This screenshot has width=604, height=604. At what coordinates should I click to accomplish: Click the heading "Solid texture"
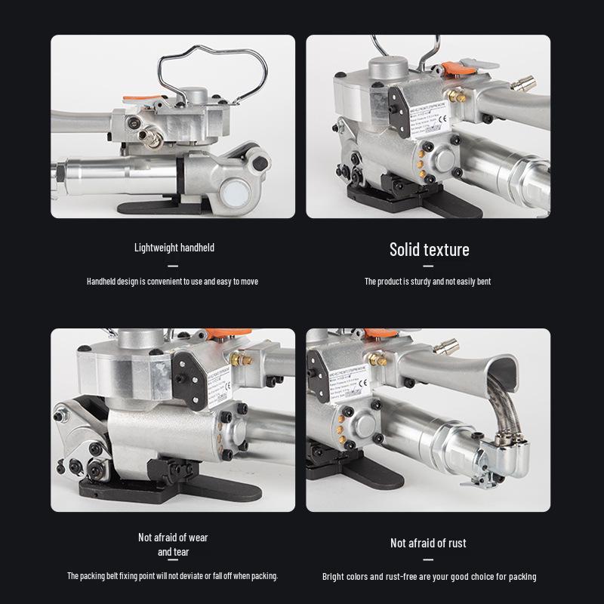coord(429,250)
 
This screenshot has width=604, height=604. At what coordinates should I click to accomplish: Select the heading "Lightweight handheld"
coord(174,248)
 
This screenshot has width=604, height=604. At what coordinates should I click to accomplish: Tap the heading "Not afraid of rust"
coord(428,543)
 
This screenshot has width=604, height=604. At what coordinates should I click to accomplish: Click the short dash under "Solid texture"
coord(428,266)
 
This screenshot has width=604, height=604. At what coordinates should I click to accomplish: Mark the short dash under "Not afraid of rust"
coord(428,559)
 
